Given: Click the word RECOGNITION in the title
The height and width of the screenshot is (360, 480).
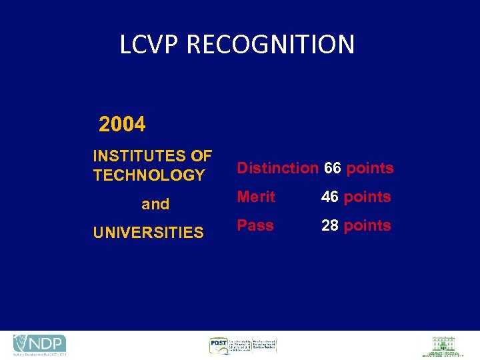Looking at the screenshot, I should pos(271,45).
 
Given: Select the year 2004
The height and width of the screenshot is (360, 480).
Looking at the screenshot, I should pos(122,124).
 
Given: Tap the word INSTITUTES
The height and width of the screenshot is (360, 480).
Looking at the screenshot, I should pos(140,156).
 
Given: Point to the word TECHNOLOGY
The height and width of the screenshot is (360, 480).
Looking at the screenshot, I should pos(149,175).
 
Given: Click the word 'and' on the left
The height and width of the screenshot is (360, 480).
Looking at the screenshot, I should pos(155,204).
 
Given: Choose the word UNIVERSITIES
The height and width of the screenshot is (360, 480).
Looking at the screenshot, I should pos(148,233).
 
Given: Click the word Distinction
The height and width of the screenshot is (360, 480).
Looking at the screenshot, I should pos(278,168).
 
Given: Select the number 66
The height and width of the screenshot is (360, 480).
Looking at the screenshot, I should pos(333,168).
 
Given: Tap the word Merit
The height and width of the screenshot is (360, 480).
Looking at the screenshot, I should pos(257,197).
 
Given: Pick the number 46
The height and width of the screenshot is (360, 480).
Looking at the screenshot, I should pos(330,197).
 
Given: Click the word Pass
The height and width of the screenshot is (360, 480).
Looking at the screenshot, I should pos(255,225).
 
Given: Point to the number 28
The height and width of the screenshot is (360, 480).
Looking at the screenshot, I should pos(330,225).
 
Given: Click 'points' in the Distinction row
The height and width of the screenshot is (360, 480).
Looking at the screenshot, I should pos(370,168).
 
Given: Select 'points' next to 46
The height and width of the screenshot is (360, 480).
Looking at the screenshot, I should pos(367,197).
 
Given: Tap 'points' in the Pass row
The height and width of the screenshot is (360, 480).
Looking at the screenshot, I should pos(367,225).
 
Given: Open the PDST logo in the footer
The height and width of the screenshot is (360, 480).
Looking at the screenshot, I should pos(243,345).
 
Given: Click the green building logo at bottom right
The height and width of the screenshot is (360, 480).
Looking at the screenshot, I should pos(443,346).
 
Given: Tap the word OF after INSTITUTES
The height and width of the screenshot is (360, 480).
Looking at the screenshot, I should pos(201,156).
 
